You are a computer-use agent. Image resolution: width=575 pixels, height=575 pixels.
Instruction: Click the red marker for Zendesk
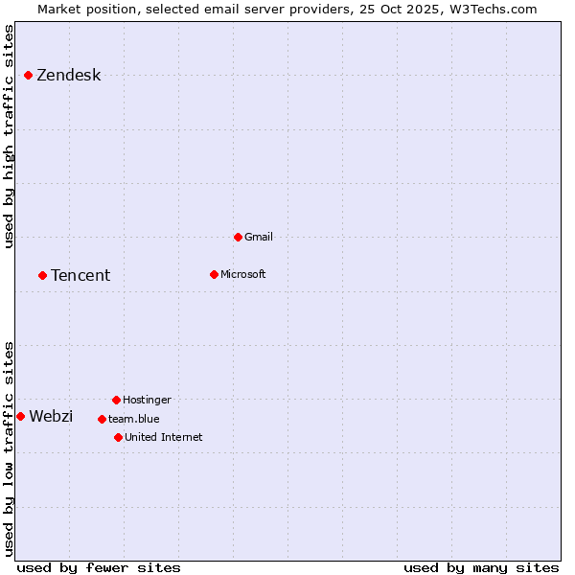[x=29, y=75]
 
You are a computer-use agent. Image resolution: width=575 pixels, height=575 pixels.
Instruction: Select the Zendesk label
[x=68, y=76]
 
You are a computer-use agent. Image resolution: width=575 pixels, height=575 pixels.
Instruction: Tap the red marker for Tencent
[x=43, y=275]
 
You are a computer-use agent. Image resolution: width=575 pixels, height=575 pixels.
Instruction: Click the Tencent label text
[x=80, y=276]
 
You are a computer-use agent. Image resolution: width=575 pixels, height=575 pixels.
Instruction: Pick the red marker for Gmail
[x=238, y=237]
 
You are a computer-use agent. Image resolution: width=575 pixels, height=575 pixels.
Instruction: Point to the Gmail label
[x=259, y=237]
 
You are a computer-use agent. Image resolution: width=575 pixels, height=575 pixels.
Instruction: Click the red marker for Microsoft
[x=214, y=274]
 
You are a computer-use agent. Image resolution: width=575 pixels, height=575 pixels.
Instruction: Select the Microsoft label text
[x=242, y=274]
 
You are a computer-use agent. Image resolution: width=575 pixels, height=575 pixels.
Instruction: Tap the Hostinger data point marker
[x=116, y=400]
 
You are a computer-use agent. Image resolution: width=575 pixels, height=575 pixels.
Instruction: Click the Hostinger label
[x=147, y=400]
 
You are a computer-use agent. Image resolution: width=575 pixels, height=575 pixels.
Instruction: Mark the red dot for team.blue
[x=102, y=419]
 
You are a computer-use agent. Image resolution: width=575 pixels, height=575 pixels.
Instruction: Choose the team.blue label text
[x=133, y=419]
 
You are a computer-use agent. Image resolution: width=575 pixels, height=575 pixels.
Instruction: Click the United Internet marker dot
[x=118, y=437]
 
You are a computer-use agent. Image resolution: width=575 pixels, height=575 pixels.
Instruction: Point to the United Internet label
[x=163, y=437]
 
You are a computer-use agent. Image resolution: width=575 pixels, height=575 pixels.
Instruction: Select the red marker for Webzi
[x=20, y=416]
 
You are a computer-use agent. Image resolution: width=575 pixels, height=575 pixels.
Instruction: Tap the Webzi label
[x=51, y=416]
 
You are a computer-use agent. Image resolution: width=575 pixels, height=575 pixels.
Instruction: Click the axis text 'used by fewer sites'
[x=99, y=567]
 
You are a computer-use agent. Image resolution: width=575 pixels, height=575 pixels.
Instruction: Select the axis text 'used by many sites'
[x=480, y=567]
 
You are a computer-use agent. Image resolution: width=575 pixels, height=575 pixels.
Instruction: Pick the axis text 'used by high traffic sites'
[x=9, y=136]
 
